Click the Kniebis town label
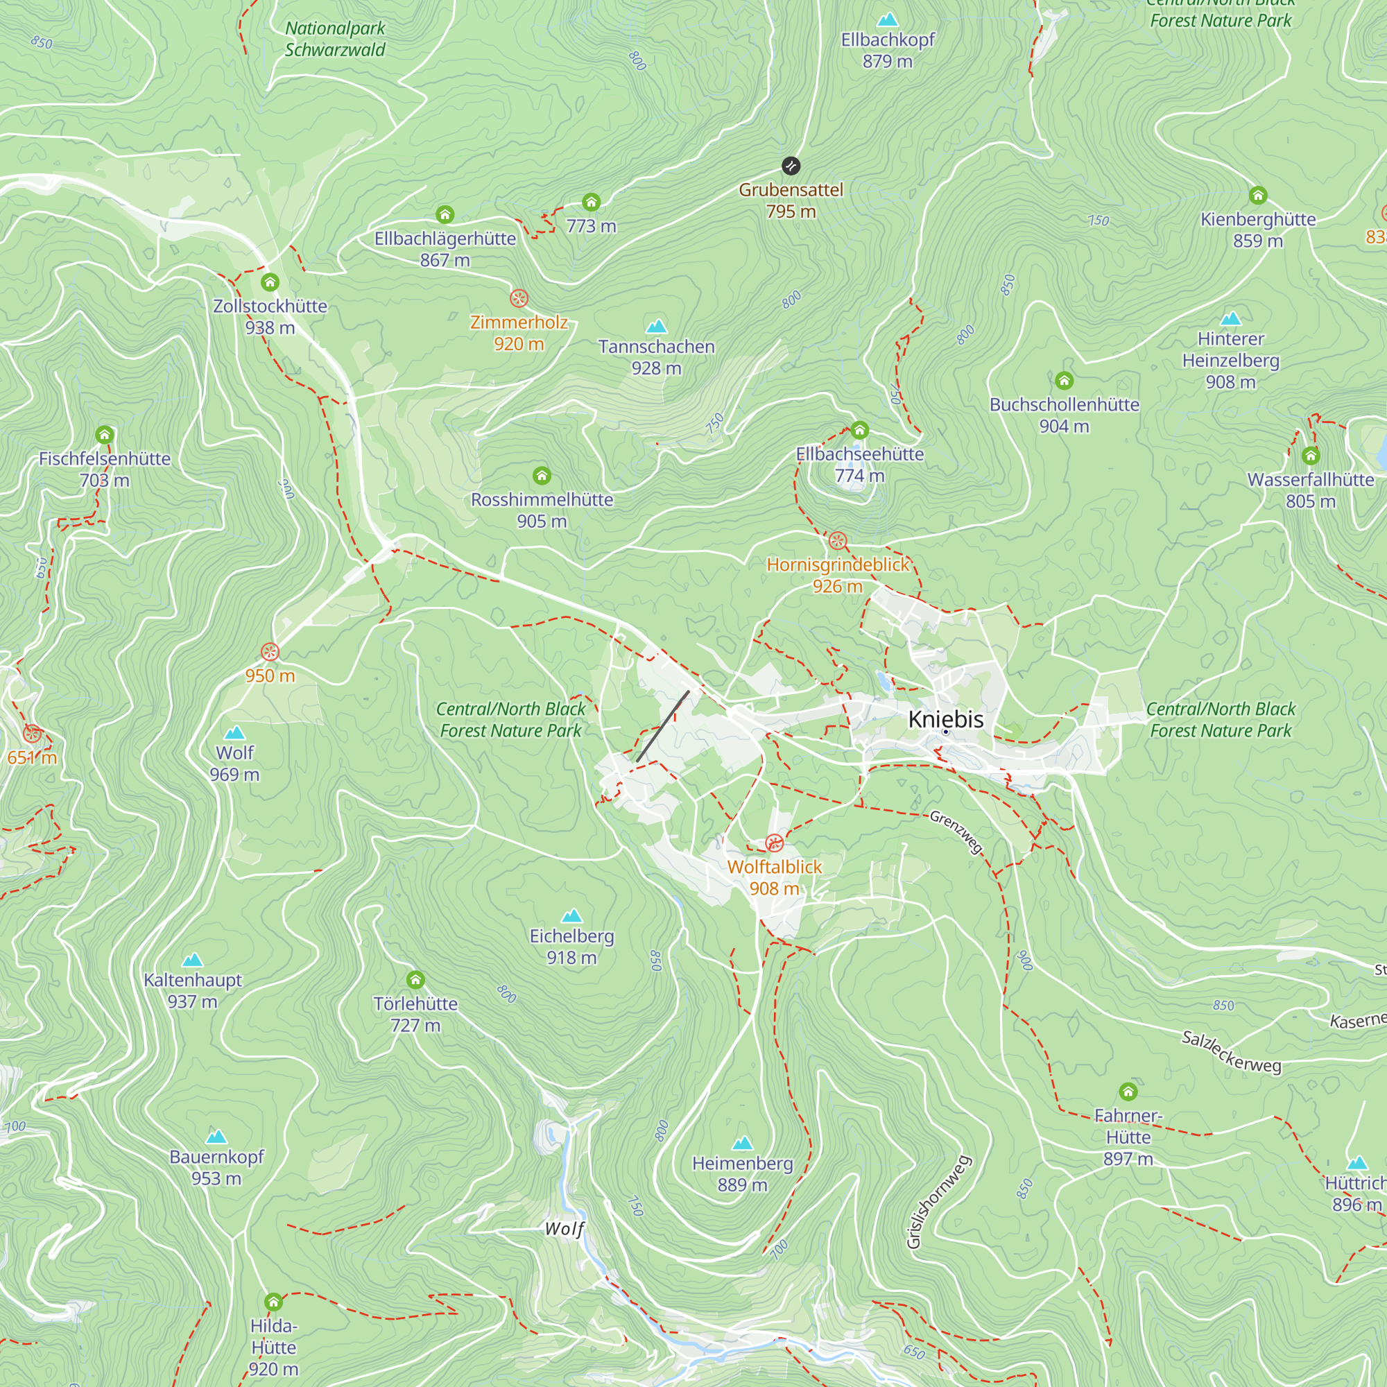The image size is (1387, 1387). pyautogui.click(x=945, y=719)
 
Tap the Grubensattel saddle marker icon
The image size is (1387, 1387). pyautogui.click(x=791, y=166)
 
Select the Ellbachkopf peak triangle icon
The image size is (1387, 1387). pyautogui.click(x=888, y=19)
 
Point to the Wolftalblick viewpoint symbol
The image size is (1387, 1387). pyautogui.click(x=774, y=843)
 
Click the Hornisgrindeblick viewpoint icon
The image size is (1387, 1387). pyautogui.click(x=838, y=541)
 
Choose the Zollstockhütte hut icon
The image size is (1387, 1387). pyautogui.click(x=270, y=282)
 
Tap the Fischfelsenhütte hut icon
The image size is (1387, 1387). pyautogui.click(x=105, y=434)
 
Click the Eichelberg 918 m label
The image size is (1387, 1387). pyautogui.click(x=571, y=946)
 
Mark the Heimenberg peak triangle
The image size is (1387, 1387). pyautogui.click(x=742, y=1142)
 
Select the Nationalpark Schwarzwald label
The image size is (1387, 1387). pyautogui.click(x=335, y=39)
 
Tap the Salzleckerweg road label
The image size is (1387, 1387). pyautogui.click(x=1231, y=1052)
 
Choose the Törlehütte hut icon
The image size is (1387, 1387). pyautogui.click(x=415, y=980)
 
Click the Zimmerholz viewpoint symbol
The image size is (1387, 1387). pyautogui.click(x=519, y=299)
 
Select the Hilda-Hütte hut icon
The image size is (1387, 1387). pyautogui.click(x=273, y=1302)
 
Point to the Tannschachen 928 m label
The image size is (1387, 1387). pyautogui.click(x=656, y=356)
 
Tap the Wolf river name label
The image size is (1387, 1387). pyautogui.click(x=565, y=1229)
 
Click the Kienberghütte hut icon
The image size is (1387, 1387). pyautogui.click(x=1258, y=196)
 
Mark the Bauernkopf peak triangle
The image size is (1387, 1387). pyautogui.click(x=216, y=1137)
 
